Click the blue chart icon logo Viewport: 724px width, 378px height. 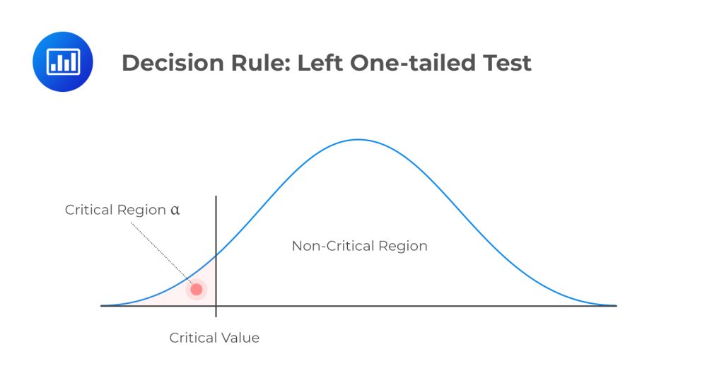63,61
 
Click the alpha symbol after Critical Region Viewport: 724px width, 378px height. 175,210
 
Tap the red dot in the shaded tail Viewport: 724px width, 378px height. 197,289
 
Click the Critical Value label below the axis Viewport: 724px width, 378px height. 214,338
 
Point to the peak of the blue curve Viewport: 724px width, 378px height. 358,139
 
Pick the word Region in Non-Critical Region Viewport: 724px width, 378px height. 403,247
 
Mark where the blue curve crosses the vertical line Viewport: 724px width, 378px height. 216,254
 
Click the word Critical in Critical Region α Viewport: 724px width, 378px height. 89,210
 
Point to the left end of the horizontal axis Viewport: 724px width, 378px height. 103,306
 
